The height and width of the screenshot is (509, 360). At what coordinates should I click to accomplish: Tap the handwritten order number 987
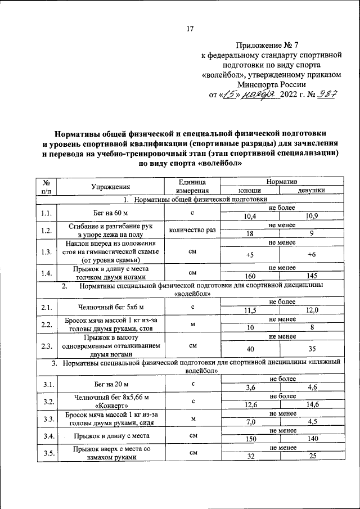pos(325,94)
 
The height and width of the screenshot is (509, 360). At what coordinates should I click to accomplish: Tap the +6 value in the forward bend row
pos(311,255)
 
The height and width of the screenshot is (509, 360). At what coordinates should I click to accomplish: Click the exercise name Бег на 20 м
pos(111,384)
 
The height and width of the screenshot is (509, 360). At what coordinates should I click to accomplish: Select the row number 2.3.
pos(47,346)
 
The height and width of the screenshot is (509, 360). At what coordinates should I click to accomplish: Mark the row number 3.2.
pos(47,401)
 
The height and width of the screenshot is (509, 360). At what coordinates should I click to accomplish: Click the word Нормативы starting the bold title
pos(81,134)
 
